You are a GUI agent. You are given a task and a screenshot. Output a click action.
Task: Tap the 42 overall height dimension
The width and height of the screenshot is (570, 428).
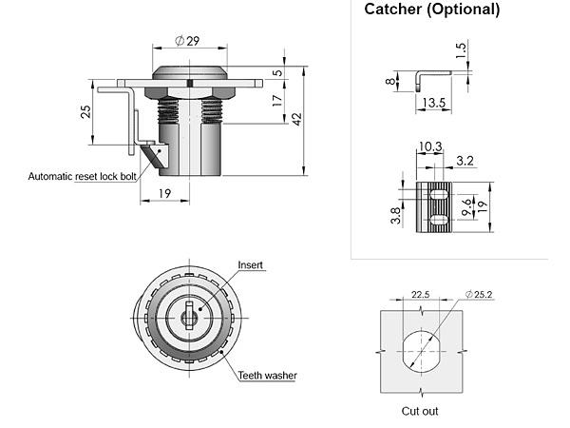point(296,119)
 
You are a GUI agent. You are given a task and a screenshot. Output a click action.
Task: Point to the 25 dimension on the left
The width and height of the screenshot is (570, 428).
point(85,111)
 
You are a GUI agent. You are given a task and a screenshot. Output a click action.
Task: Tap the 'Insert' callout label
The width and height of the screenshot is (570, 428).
point(250,265)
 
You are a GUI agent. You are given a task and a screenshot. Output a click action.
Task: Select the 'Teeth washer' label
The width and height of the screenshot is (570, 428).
point(267,376)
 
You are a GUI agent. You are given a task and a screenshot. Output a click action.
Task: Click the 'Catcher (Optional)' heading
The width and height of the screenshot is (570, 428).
point(431,10)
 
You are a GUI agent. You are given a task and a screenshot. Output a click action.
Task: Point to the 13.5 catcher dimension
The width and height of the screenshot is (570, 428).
point(434,103)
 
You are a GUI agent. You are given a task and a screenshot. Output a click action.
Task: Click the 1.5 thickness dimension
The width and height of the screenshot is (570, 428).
point(461,50)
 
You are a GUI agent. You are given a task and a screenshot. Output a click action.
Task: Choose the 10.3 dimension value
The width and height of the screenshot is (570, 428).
point(429,146)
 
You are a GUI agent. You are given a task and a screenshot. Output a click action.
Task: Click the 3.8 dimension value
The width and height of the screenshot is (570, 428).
point(395,215)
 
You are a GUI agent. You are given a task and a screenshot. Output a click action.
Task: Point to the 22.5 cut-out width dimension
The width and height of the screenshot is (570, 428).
point(421,294)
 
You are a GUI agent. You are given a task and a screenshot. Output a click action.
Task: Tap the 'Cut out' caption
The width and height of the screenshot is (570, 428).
point(419,411)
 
